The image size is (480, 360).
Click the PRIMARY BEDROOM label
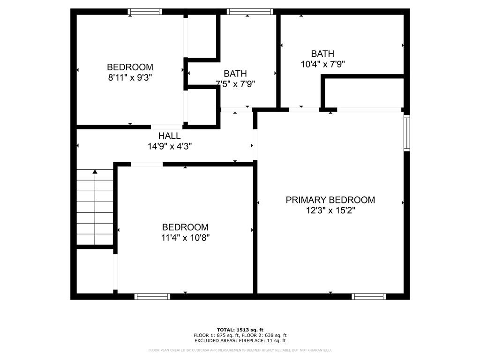click(x=330, y=200)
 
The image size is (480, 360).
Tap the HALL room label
click(x=169, y=135)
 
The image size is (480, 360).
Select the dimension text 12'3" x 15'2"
click(x=330, y=210)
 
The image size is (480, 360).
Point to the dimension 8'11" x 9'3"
click(x=130, y=77)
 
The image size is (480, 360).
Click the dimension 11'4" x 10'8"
click(x=186, y=238)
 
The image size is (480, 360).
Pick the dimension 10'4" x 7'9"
click(x=323, y=64)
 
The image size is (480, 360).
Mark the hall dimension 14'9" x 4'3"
click(x=170, y=146)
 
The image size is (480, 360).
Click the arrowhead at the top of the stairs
click(x=95, y=172)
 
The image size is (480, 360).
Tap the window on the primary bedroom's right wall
click(x=407, y=133)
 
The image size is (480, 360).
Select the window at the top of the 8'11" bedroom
click(x=145, y=12)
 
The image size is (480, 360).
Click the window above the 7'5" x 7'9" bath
click(x=250, y=12)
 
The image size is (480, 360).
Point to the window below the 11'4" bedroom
click(x=152, y=296)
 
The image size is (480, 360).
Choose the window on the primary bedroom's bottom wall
click(x=369, y=296)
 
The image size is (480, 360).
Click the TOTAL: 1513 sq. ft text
click(x=240, y=330)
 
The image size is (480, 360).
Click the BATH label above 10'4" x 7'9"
click(x=322, y=53)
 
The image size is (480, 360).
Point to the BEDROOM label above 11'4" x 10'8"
click(x=185, y=227)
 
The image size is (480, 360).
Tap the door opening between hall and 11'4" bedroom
click(x=147, y=165)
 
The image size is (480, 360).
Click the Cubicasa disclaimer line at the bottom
click(x=240, y=350)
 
